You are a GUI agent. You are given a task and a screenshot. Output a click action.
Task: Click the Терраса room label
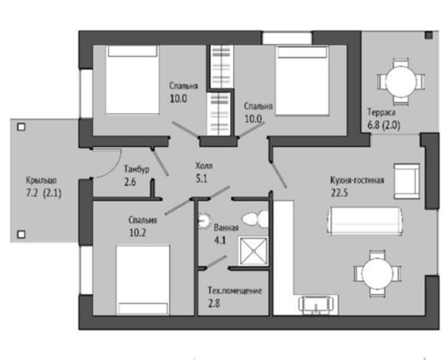click(x=381, y=112)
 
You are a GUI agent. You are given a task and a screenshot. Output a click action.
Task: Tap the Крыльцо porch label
click(x=41, y=180)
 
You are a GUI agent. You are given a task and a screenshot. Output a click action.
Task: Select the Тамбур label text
click(x=136, y=169)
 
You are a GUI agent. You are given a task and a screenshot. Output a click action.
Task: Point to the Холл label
click(x=204, y=166)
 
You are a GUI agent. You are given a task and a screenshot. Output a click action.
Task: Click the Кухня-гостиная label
click(x=357, y=180)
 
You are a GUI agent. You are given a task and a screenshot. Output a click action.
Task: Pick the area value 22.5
click(x=339, y=193)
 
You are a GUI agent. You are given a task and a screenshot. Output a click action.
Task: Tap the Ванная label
click(x=226, y=228)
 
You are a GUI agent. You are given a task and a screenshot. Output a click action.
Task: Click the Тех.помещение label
click(x=235, y=291)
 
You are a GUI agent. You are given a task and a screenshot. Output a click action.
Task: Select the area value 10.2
click(x=137, y=232)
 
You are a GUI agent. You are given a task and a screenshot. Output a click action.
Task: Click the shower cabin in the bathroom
click(x=253, y=251)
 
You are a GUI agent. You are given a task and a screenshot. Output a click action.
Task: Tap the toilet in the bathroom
click(x=255, y=219)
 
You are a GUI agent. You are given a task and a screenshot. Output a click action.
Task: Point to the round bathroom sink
click(x=204, y=221)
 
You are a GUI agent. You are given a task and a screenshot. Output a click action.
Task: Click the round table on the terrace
click(x=400, y=82)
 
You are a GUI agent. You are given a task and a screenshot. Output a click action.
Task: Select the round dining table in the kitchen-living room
click(x=377, y=273)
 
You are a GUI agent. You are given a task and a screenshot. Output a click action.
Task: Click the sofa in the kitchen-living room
click(x=365, y=221)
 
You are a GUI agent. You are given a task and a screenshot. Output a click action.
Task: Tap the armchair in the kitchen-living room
click(x=407, y=181)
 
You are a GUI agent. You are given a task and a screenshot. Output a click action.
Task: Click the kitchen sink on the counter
click(x=316, y=305)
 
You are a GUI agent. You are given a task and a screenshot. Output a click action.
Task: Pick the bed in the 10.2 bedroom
click(x=143, y=280)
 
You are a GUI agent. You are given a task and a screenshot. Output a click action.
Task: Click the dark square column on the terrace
click(x=428, y=35)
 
